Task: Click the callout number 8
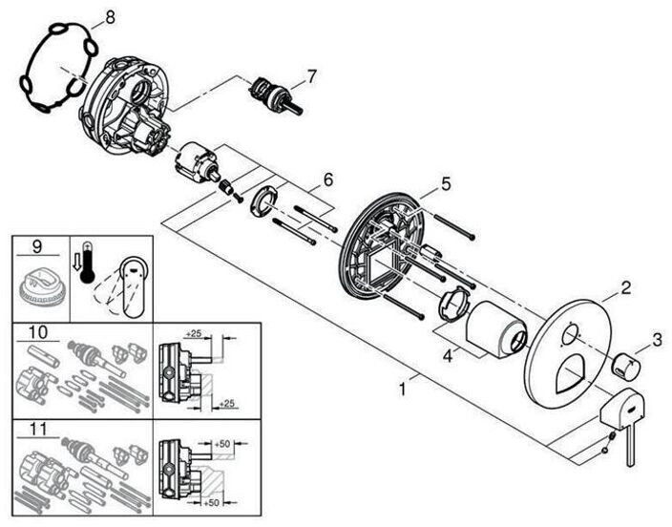coord(110,18)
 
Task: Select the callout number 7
coord(311,76)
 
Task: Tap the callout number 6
coord(327,179)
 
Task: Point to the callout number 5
coord(446,184)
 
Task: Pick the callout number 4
coord(448,355)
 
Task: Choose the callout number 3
coord(657,341)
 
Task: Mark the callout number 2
coord(626,287)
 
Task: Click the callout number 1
coord(402,390)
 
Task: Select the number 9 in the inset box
coord(37,246)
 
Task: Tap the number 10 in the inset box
coord(38,332)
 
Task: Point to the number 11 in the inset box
coord(38,430)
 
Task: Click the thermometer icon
coord(88,263)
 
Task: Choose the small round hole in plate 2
coord(571,332)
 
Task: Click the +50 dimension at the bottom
coord(211,502)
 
